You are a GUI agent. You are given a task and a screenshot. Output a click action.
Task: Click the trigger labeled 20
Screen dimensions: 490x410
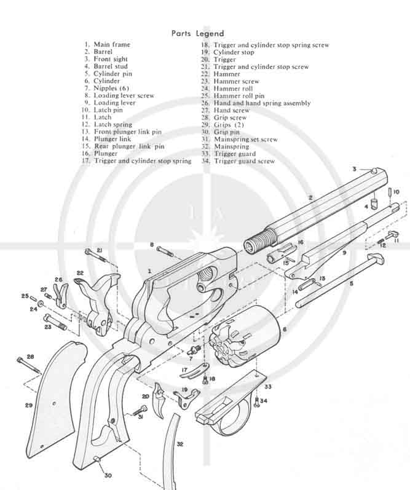pyautogui.click(x=160, y=397)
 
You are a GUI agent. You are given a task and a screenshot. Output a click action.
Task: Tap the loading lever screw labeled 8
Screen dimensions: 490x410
pyautogui.click(x=165, y=250)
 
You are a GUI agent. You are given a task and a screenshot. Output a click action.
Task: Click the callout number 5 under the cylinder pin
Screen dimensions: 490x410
pyautogui.click(x=351, y=285)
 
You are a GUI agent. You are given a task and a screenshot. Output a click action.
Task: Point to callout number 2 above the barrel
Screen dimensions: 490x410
pyautogui.click(x=311, y=197)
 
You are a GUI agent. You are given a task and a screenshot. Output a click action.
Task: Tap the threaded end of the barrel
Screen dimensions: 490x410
pyautogui.click(x=258, y=240)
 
